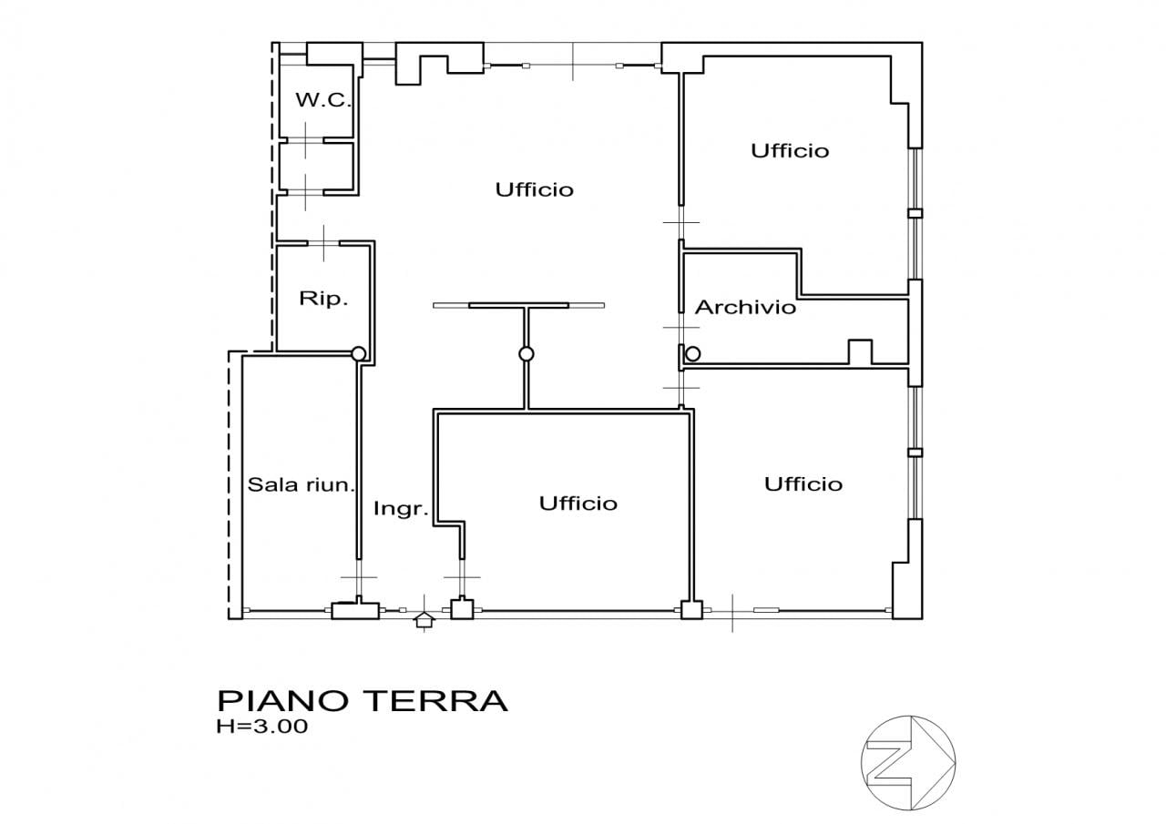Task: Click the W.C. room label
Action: tap(323, 101)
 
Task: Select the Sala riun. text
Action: tap(300, 484)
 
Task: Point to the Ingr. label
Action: tap(401, 509)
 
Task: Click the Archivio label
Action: tap(745, 308)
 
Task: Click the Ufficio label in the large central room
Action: tap(535, 189)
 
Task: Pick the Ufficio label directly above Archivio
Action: tap(790, 150)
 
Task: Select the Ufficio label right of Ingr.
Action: tap(578, 503)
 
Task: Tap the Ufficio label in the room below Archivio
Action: tap(803, 483)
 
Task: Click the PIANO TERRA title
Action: tap(362, 701)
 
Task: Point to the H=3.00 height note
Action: tap(262, 727)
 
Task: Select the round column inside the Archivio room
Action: tap(693, 353)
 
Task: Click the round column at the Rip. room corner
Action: tap(358, 353)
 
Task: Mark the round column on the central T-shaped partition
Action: tap(526, 353)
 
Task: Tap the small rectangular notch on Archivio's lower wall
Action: tap(860, 351)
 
